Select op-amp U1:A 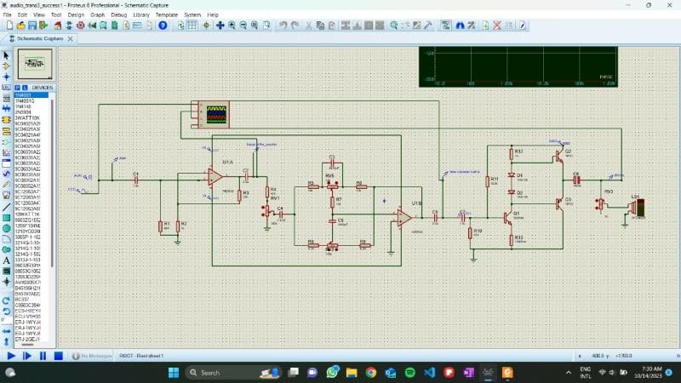tap(215, 177)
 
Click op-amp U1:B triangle tap(403, 218)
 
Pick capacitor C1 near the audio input tap(135, 180)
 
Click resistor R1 tap(161, 226)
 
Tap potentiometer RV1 tap(267, 209)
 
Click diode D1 tap(511, 176)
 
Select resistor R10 tap(470, 232)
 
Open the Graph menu tap(98, 14)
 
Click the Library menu tap(141, 14)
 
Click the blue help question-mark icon tap(163, 26)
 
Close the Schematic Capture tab tap(71, 38)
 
